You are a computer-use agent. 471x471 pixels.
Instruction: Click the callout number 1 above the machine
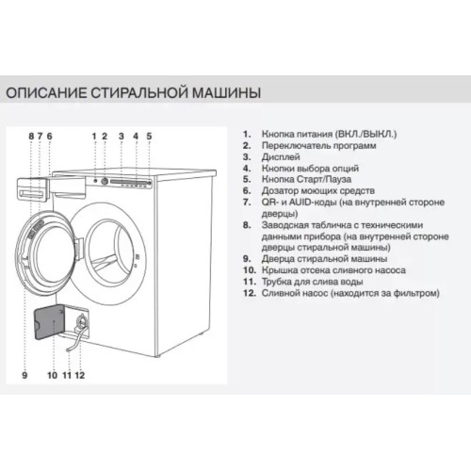click(94, 137)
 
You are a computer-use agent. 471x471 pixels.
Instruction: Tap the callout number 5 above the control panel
click(148, 137)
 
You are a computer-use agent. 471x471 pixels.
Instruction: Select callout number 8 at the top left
click(31, 137)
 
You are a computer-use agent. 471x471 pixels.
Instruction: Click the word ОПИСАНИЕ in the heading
click(46, 94)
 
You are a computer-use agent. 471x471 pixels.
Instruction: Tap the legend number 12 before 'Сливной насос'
click(249, 293)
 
